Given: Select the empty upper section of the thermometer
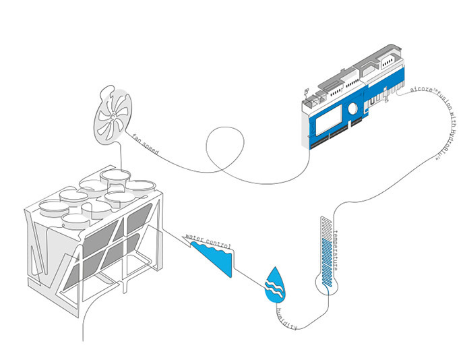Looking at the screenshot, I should [326, 229].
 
